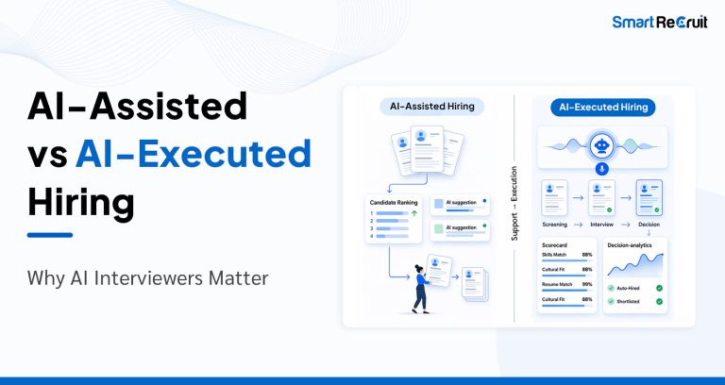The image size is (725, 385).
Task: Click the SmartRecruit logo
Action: pyautogui.click(x=659, y=22)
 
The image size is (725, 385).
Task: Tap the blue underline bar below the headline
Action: pyautogui.click(x=50, y=234)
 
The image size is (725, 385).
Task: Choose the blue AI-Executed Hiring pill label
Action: pyautogui.click(x=600, y=107)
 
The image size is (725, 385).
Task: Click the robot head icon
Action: pyautogui.click(x=601, y=145)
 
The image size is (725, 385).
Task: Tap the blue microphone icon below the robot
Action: pyautogui.click(x=601, y=168)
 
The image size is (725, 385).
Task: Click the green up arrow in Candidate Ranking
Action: pyautogui.click(x=415, y=214)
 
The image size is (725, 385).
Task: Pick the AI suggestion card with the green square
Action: pyautogui.click(x=461, y=228)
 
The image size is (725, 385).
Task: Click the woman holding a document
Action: pyautogui.click(x=419, y=288)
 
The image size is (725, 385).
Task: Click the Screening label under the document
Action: pyautogui.click(x=555, y=225)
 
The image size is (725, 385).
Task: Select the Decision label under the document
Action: pyautogui.click(x=649, y=225)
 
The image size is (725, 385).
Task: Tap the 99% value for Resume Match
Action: pyautogui.click(x=587, y=284)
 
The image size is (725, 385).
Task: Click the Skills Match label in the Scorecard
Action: pyautogui.click(x=554, y=255)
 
